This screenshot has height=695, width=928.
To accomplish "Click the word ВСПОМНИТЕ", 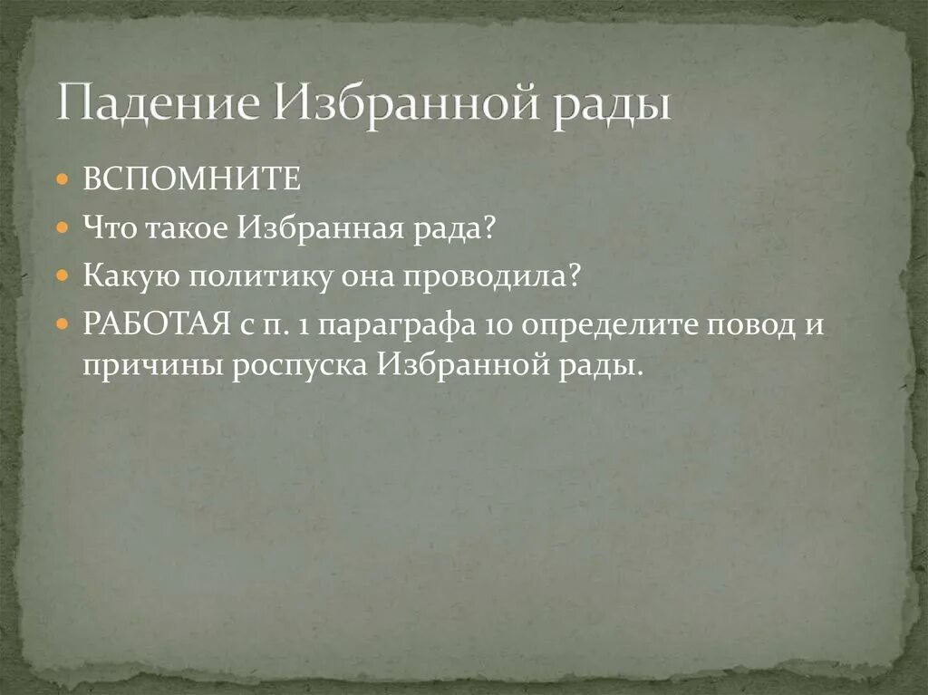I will [x=191, y=179].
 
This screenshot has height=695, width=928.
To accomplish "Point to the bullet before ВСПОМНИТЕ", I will [x=62, y=179].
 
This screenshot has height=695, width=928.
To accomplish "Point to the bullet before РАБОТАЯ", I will [x=62, y=324].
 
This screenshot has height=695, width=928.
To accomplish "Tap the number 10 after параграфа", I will [x=495, y=324].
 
